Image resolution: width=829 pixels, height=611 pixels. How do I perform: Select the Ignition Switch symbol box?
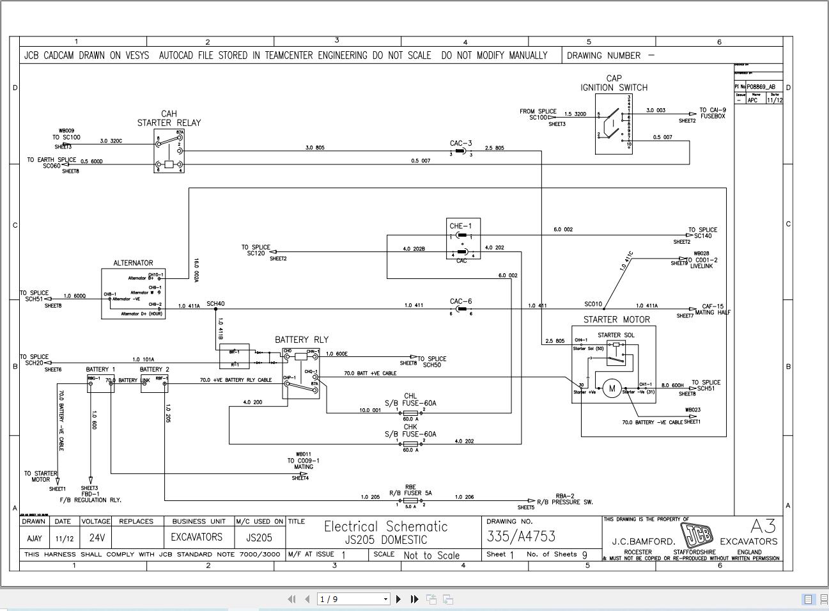click(x=614, y=124)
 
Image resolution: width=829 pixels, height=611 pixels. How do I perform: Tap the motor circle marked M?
click(x=612, y=388)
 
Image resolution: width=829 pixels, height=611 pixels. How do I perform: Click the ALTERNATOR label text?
click(x=133, y=263)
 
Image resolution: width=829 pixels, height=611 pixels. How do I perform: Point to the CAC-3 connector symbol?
click(x=461, y=151)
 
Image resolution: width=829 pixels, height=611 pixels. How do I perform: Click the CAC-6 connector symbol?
click(x=461, y=309)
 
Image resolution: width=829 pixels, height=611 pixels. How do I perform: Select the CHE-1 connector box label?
click(x=460, y=226)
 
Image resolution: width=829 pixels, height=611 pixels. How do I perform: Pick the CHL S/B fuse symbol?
click(x=410, y=413)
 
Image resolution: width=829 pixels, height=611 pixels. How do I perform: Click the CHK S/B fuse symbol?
click(x=410, y=443)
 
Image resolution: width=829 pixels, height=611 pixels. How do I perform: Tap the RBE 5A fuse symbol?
click(x=410, y=500)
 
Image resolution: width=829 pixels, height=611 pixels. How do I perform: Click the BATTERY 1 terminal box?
click(x=100, y=384)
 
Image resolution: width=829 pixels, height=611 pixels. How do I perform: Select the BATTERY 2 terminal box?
click(x=154, y=384)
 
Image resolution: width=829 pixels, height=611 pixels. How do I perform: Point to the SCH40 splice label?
click(x=215, y=304)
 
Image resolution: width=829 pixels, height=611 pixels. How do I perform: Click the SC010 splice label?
click(x=593, y=304)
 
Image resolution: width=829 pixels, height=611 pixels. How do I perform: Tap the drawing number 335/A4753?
click(x=521, y=536)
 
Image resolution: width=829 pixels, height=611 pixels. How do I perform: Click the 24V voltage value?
click(x=97, y=537)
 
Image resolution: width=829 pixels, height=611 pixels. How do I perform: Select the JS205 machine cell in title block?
click(x=259, y=537)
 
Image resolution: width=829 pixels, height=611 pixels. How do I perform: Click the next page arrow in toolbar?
click(x=398, y=599)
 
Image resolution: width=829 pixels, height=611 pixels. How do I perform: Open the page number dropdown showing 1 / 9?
click(x=354, y=599)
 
